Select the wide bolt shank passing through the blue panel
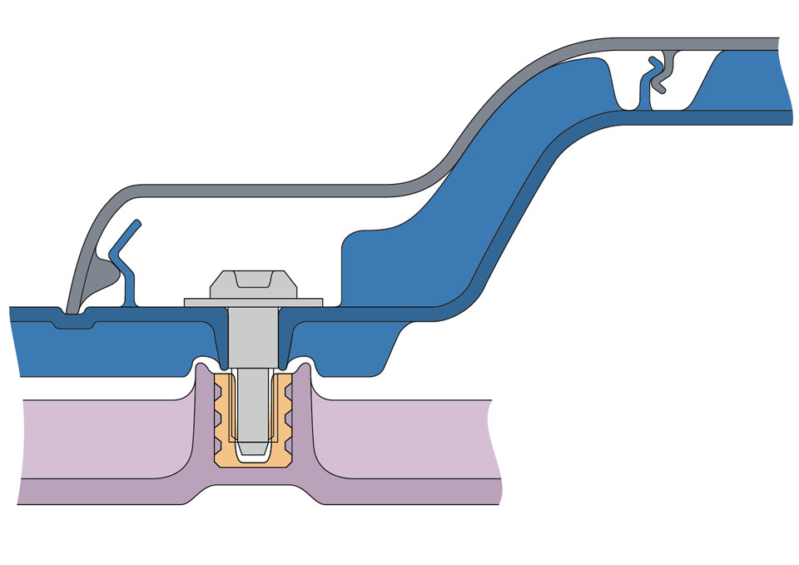[252, 337]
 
